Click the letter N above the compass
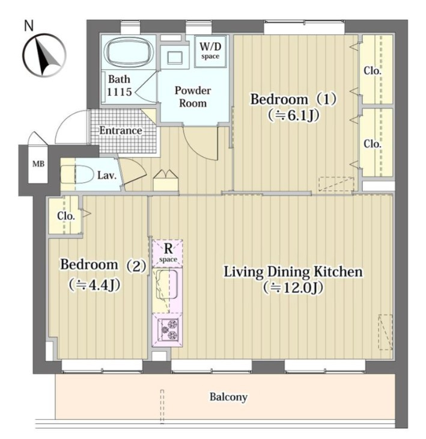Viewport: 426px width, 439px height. pyautogui.click(x=29, y=25)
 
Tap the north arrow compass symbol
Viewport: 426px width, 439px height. pyautogui.click(x=44, y=55)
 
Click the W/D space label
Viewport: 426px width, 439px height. pyautogui.click(x=210, y=50)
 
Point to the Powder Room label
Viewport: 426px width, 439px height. pyautogui.click(x=193, y=97)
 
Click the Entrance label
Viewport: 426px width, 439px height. pyautogui.click(x=121, y=130)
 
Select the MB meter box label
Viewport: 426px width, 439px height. pyautogui.click(x=38, y=164)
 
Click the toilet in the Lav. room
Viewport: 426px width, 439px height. pyautogui.click(x=77, y=174)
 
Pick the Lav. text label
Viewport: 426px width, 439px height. pyautogui.click(x=107, y=176)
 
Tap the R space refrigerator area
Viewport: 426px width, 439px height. pyautogui.click(x=168, y=253)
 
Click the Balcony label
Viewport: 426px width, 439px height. pyautogui.click(x=228, y=397)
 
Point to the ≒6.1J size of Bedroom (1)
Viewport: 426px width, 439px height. pyautogui.click(x=293, y=115)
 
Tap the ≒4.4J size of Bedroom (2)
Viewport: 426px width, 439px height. pyautogui.click(x=95, y=285)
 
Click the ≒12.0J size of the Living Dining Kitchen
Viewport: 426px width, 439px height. pyautogui.click(x=293, y=287)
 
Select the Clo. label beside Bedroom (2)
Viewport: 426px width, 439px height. pyautogui.click(x=66, y=216)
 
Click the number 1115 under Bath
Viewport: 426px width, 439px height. pyautogui.click(x=120, y=92)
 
